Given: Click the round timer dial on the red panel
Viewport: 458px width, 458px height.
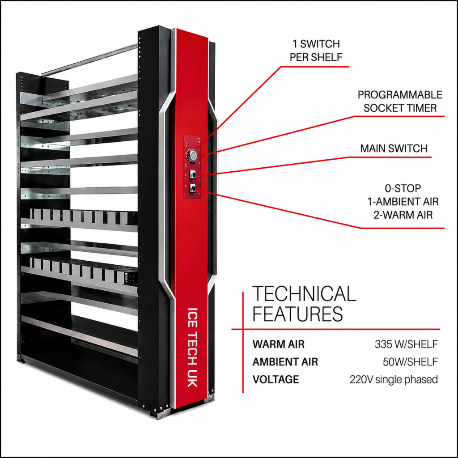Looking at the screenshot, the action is click(192, 155).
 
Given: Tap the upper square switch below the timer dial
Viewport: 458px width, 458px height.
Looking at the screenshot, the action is click(192, 174).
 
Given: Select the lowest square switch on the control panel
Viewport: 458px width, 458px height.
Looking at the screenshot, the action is click(192, 188).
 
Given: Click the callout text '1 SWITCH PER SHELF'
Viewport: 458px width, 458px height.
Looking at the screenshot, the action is click(316, 50).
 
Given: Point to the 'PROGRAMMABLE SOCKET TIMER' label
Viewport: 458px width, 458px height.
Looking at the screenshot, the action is click(400, 102).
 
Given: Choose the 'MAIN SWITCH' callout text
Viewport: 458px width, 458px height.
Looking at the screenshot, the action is click(394, 148).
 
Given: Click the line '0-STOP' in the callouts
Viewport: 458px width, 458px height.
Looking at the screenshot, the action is click(403, 188).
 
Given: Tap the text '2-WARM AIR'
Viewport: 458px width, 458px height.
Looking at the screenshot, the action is click(403, 215).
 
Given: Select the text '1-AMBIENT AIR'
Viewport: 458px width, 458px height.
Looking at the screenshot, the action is click(403, 202).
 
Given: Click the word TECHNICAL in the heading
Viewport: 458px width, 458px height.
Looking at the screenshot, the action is click(304, 293).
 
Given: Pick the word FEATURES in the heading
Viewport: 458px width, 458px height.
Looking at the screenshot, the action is click(297, 314).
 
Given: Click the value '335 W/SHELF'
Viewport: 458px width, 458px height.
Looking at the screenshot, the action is click(406, 344).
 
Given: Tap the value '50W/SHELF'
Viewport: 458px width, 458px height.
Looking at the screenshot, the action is click(411, 362).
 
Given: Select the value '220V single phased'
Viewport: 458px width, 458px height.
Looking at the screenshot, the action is click(394, 379).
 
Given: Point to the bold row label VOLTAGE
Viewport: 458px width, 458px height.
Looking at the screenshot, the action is click(276, 379).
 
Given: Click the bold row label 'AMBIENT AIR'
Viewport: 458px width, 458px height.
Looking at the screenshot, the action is click(285, 362).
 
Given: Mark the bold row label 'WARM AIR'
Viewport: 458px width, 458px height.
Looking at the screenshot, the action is click(278, 344).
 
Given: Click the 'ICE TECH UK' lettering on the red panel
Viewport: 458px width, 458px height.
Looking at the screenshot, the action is click(192, 347).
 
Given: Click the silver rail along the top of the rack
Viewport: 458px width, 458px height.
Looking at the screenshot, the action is click(89, 59).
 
